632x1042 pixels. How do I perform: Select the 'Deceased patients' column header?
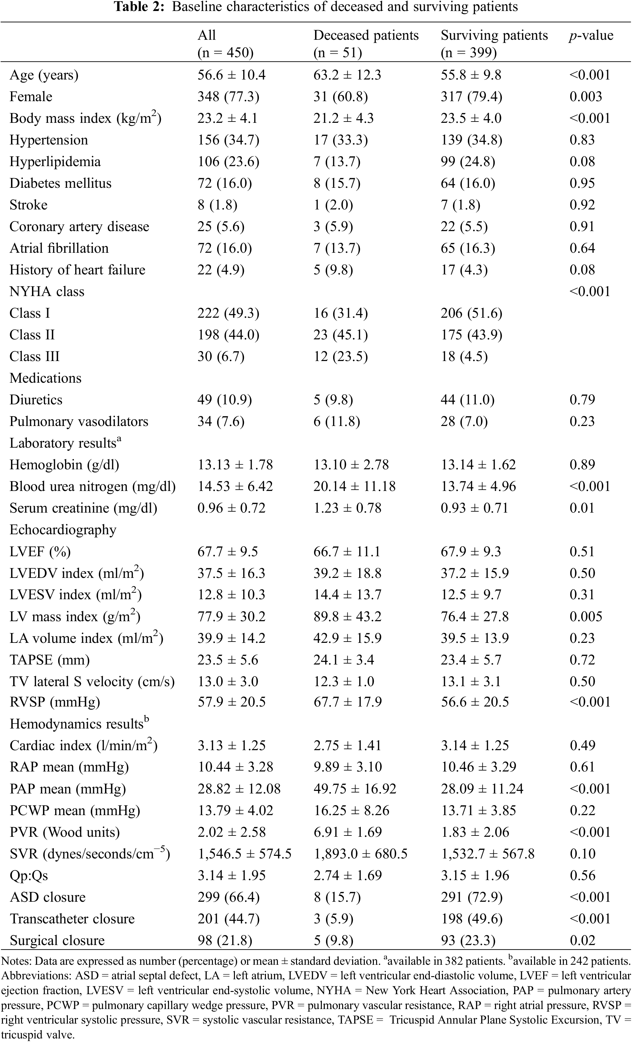click(x=366, y=35)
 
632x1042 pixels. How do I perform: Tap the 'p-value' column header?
click(x=591, y=35)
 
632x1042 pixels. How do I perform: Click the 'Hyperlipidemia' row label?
click(x=55, y=162)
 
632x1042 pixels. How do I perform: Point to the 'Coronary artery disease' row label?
click(x=79, y=227)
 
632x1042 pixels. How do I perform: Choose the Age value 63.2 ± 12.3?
click(x=347, y=75)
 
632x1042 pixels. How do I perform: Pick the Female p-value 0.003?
click(x=585, y=96)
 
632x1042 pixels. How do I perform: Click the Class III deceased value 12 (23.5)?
click(x=340, y=356)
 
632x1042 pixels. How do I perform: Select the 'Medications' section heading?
click(x=45, y=378)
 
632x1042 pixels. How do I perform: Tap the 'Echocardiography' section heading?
click(x=63, y=530)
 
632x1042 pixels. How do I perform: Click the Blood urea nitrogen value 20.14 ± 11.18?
click(x=354, y=486)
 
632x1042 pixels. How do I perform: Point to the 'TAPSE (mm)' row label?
click(x=49, y=660)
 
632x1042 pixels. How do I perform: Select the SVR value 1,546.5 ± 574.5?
click(x=244, y=854)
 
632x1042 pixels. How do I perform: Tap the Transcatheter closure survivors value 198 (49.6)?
click(x=471, y=919)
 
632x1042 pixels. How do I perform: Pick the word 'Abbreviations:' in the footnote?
click(x=37, y=976)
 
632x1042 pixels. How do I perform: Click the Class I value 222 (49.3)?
click(x=228, y=314)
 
